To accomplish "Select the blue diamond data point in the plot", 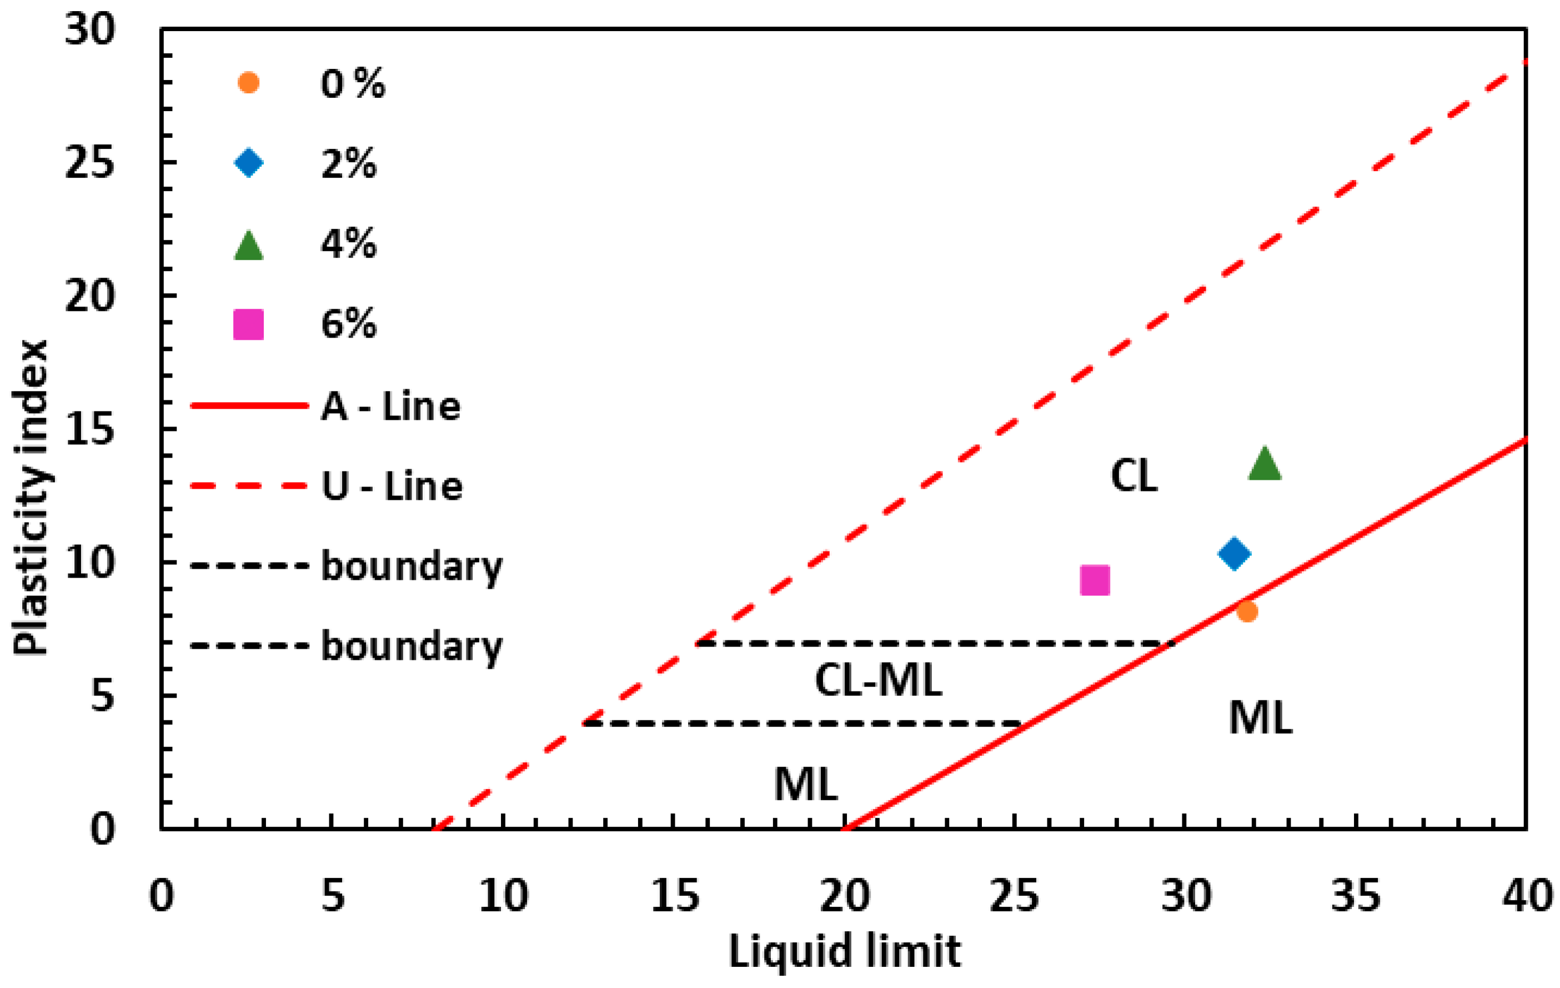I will tap(1234, 553).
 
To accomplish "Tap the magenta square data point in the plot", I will tap(1095, 580).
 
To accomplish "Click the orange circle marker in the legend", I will tap(248, 83).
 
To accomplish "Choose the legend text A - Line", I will tap(390, 407).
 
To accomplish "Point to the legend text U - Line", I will tap(392, 487).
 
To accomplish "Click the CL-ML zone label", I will tap(878, 681).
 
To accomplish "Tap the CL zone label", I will tap(1133, 475).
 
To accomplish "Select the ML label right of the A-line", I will tap(1260, 719).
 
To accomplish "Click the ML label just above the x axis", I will tap(806, 785).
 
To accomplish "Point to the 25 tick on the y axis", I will tap(89, 162).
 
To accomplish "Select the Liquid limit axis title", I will tap(844, 952).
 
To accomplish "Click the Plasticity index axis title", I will tap(31, 498).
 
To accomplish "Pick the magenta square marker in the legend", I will tap(248, 324).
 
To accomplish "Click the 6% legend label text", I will tap(349, 324).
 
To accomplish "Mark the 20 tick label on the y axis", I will tap(89, 295).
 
